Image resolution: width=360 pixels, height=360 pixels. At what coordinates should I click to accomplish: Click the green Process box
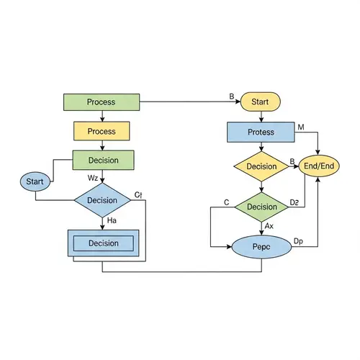102,102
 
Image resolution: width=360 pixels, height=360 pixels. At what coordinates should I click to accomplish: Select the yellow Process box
102,131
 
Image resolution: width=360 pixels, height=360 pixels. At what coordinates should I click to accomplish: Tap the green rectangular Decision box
104,160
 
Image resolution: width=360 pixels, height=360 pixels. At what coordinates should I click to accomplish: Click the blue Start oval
35,181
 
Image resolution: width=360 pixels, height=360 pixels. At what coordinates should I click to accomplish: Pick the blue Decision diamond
102,199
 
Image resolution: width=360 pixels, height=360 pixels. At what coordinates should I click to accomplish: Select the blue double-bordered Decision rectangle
103,243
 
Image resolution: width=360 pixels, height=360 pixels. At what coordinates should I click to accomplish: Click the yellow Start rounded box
260,102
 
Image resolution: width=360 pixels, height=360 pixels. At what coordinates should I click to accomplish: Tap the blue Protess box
261,132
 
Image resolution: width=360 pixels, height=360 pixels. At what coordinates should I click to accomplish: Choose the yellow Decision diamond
261,166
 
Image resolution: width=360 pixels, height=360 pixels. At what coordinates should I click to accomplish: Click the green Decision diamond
261,207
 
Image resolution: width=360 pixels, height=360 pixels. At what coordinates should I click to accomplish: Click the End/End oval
319,166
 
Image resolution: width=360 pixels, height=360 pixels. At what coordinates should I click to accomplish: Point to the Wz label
93,177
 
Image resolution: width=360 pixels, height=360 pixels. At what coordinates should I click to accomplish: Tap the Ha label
112,220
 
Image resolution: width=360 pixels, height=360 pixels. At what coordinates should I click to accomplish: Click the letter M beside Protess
301,127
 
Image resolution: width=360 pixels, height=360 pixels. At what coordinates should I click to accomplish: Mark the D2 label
294,202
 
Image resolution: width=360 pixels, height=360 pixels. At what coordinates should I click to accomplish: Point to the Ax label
269,226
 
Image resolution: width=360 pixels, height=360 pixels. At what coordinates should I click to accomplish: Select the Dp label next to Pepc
299,240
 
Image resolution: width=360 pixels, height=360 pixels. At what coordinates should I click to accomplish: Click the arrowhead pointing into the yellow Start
236,102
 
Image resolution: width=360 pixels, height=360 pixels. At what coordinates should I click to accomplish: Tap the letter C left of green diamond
226,202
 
